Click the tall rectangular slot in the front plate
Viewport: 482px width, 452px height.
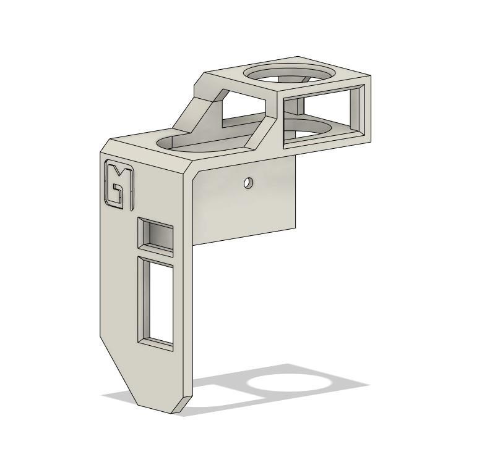155,302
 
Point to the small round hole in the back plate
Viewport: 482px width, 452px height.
248,183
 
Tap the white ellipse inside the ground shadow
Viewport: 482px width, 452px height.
291,383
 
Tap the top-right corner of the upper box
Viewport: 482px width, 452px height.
370,77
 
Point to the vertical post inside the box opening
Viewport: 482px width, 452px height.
299,106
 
